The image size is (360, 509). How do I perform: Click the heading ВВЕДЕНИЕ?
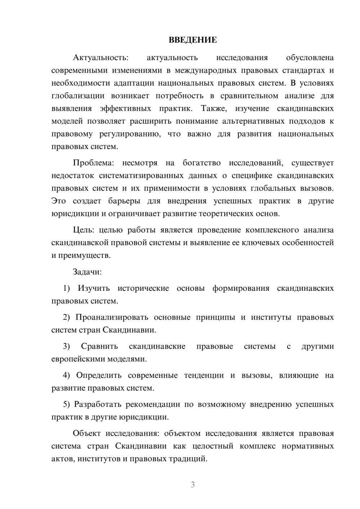[x=193, y=40]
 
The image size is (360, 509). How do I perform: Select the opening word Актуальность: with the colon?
[x=100, y=58]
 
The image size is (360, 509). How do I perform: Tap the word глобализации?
[x=78, y=96]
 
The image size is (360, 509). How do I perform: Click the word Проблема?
[x=93, y=163]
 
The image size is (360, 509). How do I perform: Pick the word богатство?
[x=202, y=163]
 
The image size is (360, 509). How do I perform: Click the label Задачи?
[x=87, y=272]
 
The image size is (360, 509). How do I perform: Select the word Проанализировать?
[x=112, y=317]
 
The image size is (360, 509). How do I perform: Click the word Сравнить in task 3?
[x=99, y=346]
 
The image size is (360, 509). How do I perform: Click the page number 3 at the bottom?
[x=193, y=485]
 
